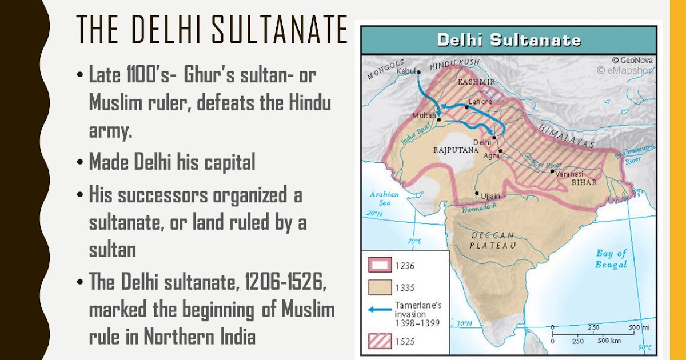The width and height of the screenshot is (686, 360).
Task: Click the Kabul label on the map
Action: [x=406, y=71]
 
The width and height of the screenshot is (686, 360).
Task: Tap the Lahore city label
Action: [x=480, y=101]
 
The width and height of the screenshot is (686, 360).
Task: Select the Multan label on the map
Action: [x=424, y=116]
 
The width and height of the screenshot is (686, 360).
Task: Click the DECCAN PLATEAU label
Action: [x=493, y=240]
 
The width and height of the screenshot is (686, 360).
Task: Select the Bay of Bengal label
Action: [x=611, y=259]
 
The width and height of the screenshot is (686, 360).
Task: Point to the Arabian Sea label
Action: [x=380, y=198]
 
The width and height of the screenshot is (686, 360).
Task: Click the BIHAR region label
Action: [x=584, y=182]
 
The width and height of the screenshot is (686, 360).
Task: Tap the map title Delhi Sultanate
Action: [x=509, y=41]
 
